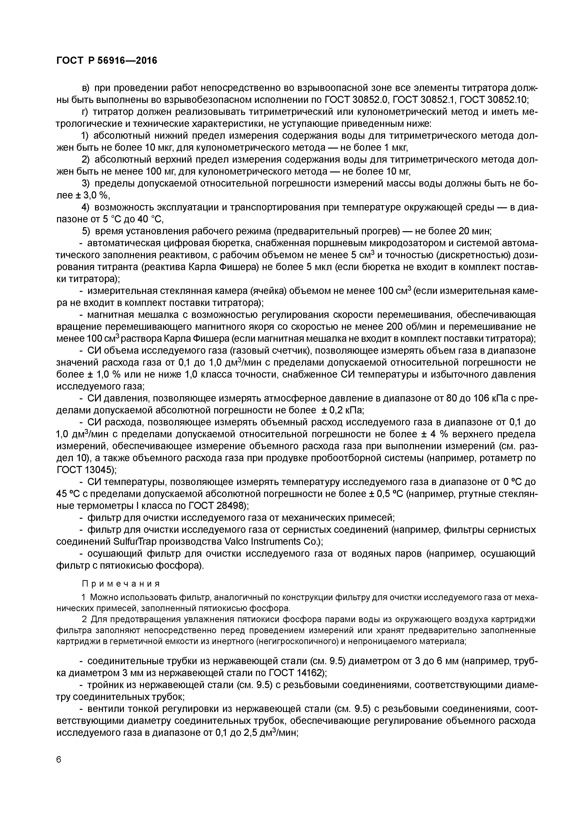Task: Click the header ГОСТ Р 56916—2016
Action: [x=106, y=61]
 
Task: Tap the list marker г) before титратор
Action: [x=85, y=112]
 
